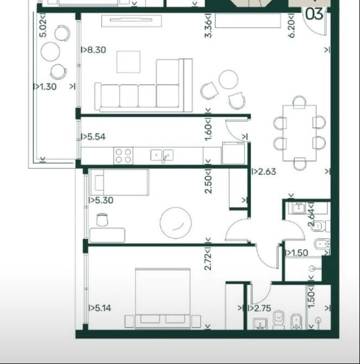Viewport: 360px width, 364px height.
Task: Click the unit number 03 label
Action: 314,14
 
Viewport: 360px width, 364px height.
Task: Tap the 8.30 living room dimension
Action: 94,50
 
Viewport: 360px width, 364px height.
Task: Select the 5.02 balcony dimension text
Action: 43,26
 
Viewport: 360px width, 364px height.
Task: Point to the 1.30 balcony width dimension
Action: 45,87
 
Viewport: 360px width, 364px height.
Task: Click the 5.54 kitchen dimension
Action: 93,137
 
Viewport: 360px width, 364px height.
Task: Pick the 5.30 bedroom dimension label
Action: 101,200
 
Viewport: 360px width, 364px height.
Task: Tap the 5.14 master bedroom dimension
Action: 100,308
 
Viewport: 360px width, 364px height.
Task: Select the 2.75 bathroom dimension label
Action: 260,308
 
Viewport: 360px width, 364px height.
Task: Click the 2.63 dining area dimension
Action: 264,172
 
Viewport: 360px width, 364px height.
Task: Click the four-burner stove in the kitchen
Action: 123,156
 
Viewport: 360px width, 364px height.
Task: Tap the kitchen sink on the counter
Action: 162,155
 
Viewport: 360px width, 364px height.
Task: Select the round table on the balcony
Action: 50,52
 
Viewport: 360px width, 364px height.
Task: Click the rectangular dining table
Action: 300,133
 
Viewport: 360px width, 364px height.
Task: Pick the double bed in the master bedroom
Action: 163,299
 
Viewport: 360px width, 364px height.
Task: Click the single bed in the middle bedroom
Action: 120,183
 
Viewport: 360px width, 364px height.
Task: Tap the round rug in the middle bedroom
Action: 176,223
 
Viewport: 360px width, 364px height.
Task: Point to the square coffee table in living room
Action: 128,62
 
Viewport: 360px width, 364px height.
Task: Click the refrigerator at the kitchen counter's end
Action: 233,153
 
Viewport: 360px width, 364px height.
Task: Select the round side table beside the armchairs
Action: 228,79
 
